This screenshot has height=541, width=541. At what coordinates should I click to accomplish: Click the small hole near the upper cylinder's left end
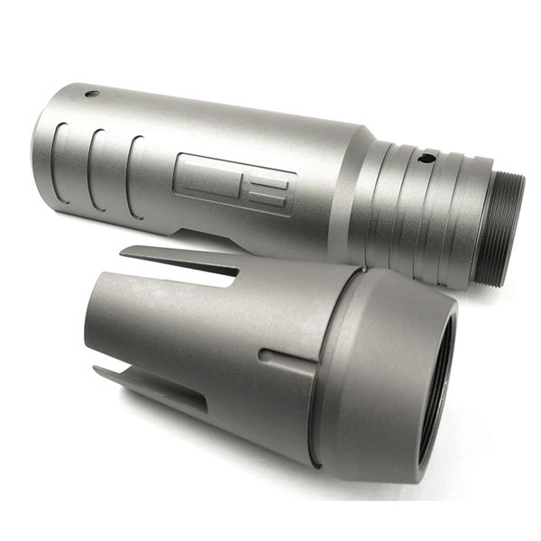92,93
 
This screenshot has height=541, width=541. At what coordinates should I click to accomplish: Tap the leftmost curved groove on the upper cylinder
60,162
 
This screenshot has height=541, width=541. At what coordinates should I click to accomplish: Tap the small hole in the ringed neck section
426,158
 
